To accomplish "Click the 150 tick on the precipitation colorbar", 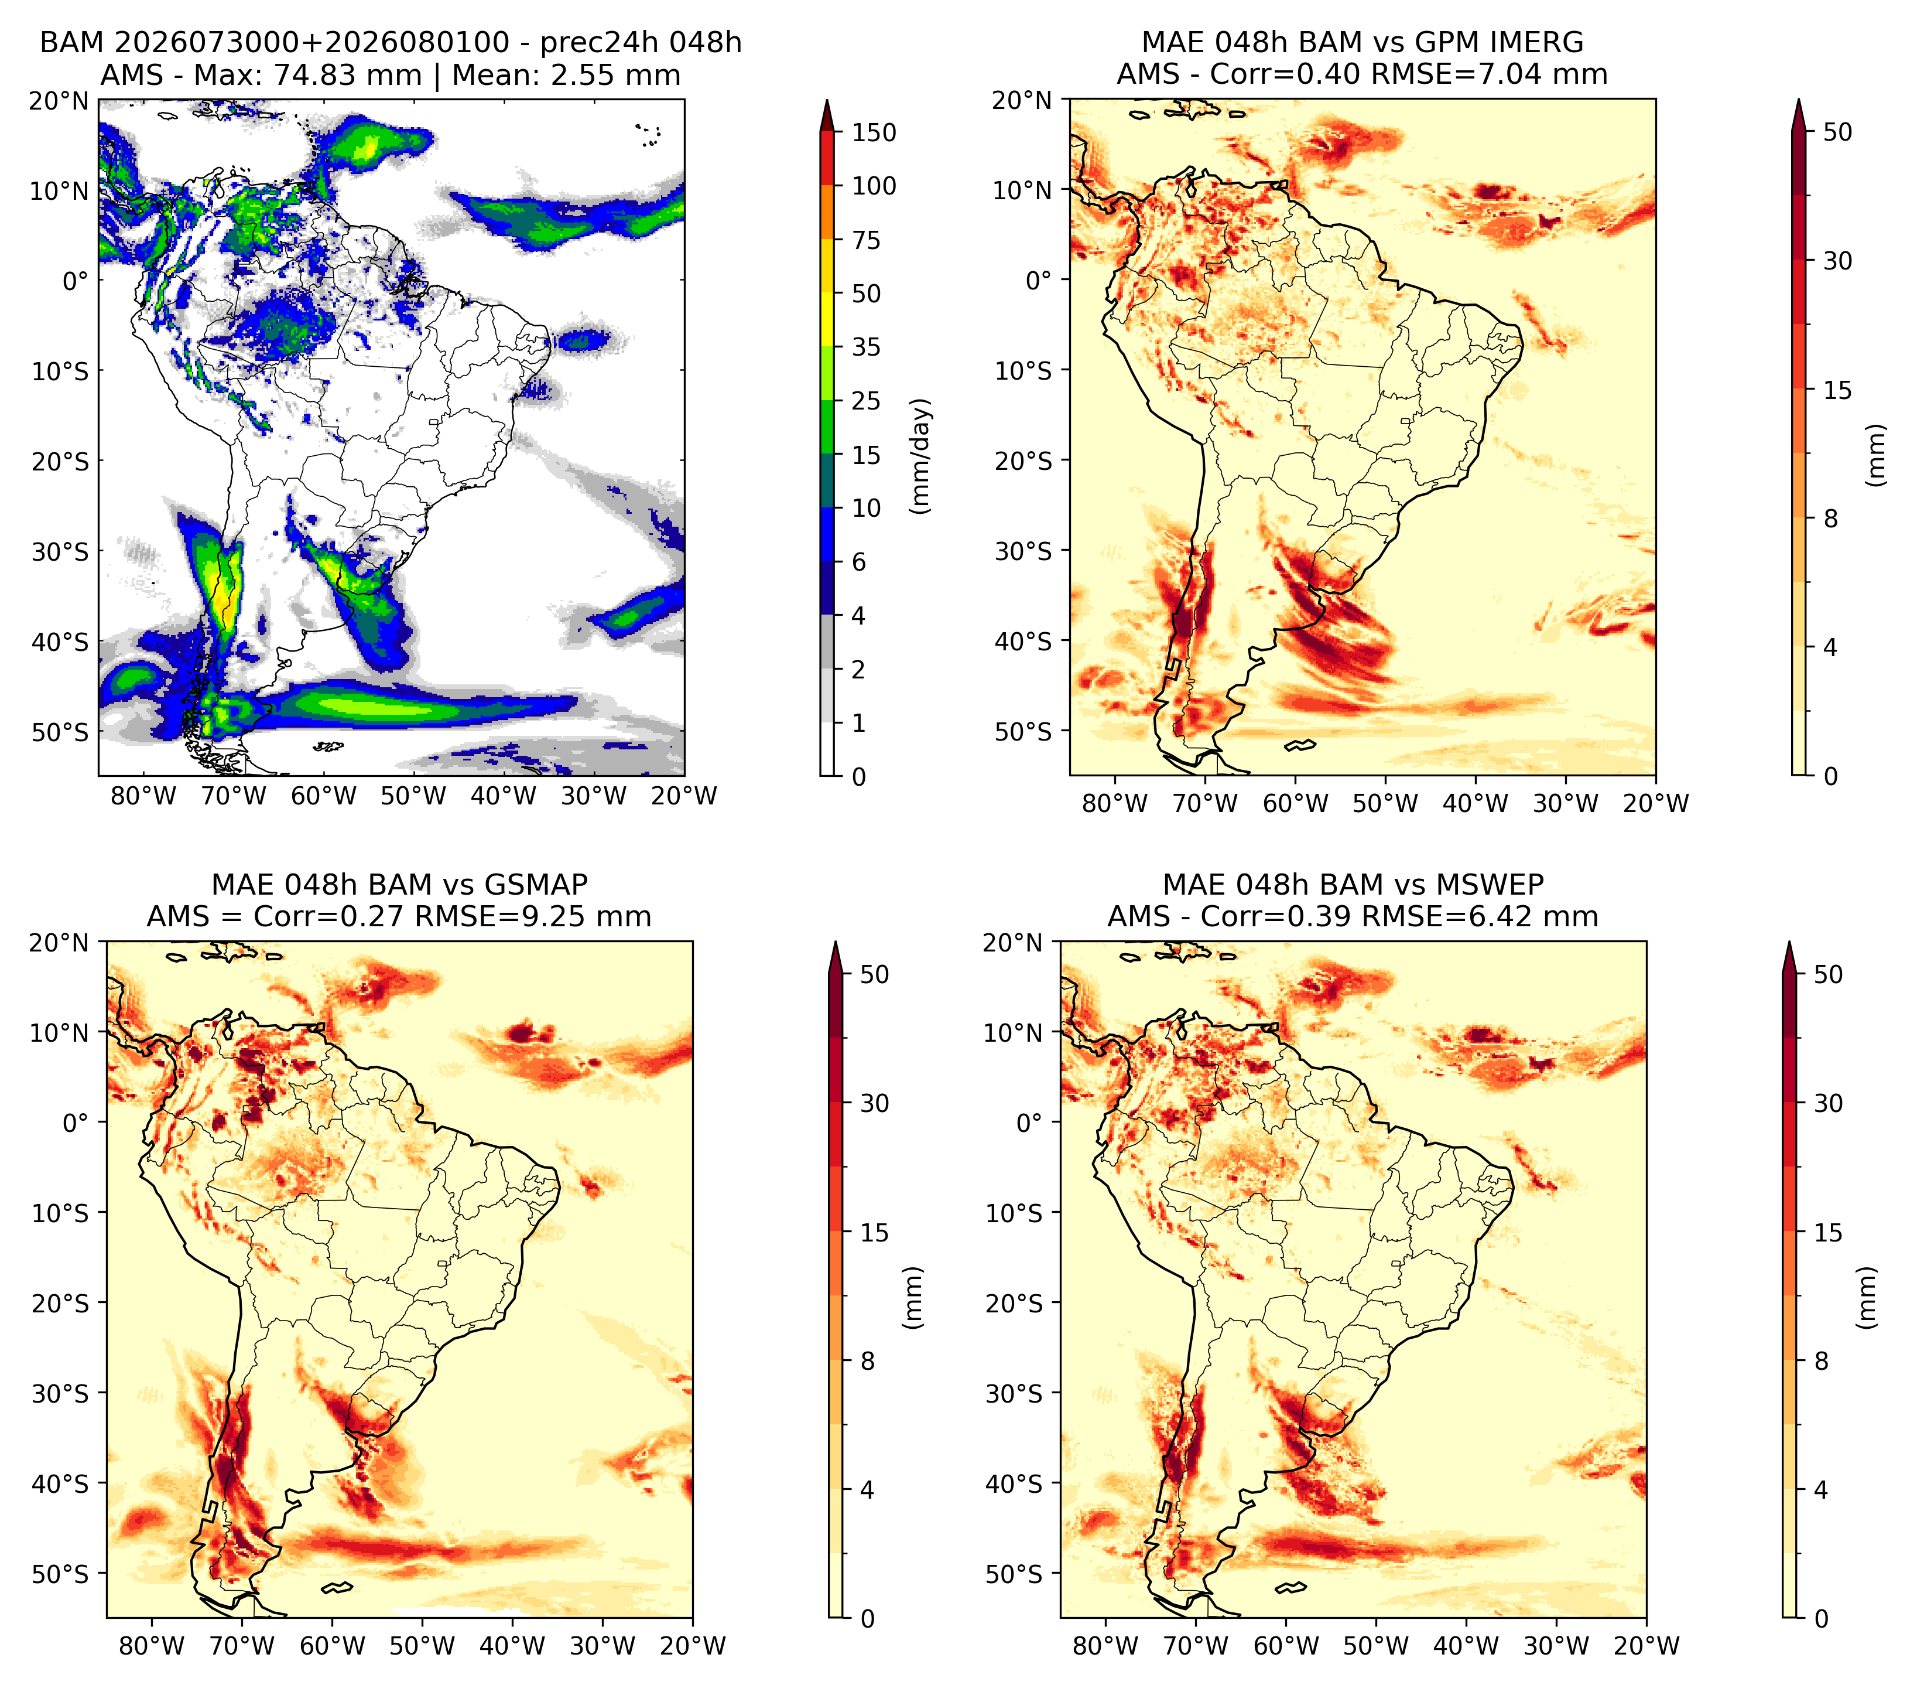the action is [873, 132].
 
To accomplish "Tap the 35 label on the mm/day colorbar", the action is [865, 347].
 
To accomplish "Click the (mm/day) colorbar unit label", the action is [921, 456].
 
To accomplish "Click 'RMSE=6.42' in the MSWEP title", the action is [1432, 917].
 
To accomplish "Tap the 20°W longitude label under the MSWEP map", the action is [1646, 1646].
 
